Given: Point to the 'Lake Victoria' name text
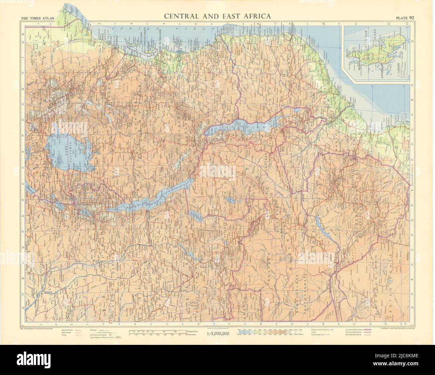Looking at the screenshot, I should (x=71, y=147).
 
